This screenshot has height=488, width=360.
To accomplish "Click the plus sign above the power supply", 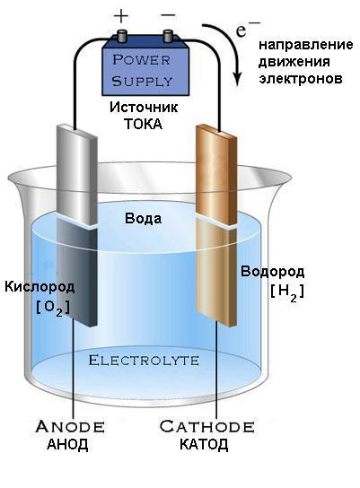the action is pos(121,16).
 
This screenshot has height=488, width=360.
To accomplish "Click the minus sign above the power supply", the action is pos(169,15).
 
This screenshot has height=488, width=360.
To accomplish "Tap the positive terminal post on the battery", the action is pos(122,36).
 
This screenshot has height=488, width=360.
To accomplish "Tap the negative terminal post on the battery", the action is pos(168,36).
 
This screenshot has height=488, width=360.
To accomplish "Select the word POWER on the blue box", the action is pos(141,60).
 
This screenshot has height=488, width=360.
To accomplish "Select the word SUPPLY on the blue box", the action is pos(142,82).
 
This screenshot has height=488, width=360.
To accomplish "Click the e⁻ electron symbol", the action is pos(248,30).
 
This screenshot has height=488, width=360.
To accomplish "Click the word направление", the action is pos(306,46).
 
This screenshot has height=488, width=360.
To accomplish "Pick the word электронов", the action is pos(301,78).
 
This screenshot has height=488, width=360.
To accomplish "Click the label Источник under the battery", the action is pos(144,108).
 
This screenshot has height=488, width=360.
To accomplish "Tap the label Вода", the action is pos(144,219).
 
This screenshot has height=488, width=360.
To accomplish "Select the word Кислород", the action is pos(40,287).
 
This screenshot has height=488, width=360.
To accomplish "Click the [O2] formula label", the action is pos(53,308).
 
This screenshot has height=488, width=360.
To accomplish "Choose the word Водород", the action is pos(273,272).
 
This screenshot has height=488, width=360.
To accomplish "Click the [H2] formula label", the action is pos(287,292).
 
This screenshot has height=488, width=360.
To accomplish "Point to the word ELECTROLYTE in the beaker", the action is pos(144,361).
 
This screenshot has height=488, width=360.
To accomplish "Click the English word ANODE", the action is pos(70,427).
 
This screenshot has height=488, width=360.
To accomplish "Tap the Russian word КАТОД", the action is pos(204,444).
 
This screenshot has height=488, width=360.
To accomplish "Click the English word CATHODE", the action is pos(206,427).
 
